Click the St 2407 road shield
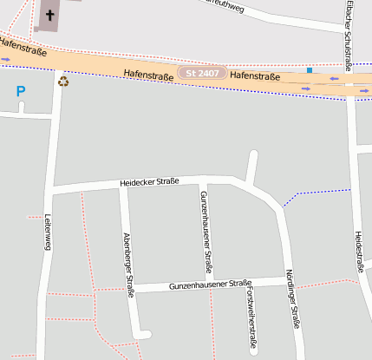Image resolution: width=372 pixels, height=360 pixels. pyautogui.click(x=202, y=74)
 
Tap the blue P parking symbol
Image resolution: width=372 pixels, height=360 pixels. pyautogui.click(x=21, y=90)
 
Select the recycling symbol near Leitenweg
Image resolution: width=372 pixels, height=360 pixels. pyautogui.click(x=63, y=82)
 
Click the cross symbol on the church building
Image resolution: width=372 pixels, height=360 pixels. pyautogui.click(x=49, y=15)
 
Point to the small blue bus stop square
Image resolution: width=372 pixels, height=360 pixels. pyautogui.click(x=309, y=70)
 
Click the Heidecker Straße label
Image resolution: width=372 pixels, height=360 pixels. pyautogui.click(x=149, y=181)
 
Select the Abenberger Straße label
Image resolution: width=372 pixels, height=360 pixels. pyautogui.click(x=128, y=265)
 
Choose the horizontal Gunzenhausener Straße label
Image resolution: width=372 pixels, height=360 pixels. pyautogui.click(x=210, y=284)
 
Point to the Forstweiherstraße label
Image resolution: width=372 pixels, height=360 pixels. pyautogui.click(x=251, y=319)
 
